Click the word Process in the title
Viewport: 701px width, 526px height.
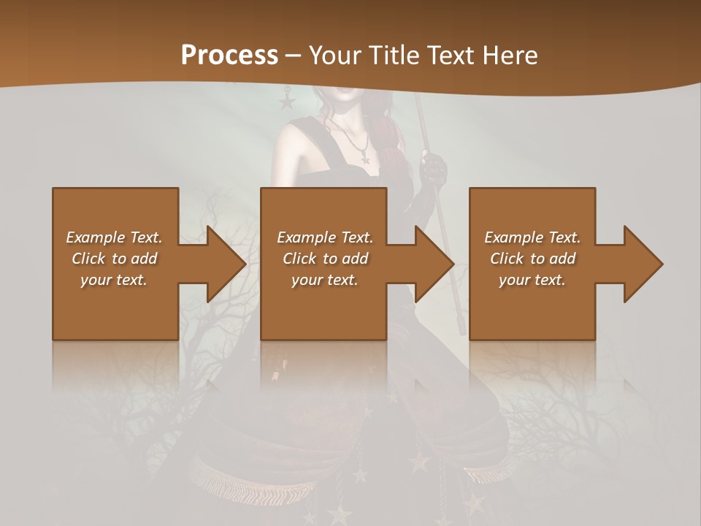coord(229,56)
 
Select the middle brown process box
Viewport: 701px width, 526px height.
coord(323,307)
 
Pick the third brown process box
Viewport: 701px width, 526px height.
coord(532,307)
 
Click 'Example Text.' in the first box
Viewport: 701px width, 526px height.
coord(114,237)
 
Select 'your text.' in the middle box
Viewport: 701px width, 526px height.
coord(324,280)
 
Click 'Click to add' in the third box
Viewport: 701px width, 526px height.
coord(532,259)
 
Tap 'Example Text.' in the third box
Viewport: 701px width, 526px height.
coord(532,237)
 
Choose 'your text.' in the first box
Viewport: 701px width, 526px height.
coord(114,280)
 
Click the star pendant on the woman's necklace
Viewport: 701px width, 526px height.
coord(364,156)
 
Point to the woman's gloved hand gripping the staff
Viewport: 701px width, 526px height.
coord(436,169)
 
